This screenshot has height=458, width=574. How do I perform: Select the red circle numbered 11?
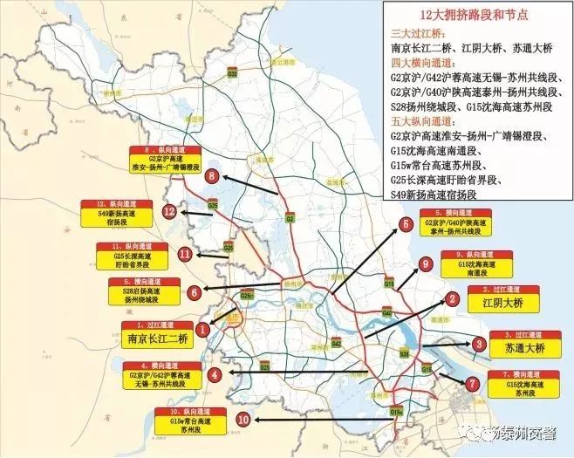[x=185, y=254]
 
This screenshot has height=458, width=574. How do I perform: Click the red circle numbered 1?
[x=202, y=330]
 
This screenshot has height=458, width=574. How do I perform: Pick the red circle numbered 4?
[x=215, y=374]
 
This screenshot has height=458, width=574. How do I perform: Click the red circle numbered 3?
[x=480, y=344]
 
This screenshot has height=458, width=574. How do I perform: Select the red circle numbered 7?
[x=472, y=383]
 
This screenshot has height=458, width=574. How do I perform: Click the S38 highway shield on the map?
[x=405, y=354]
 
